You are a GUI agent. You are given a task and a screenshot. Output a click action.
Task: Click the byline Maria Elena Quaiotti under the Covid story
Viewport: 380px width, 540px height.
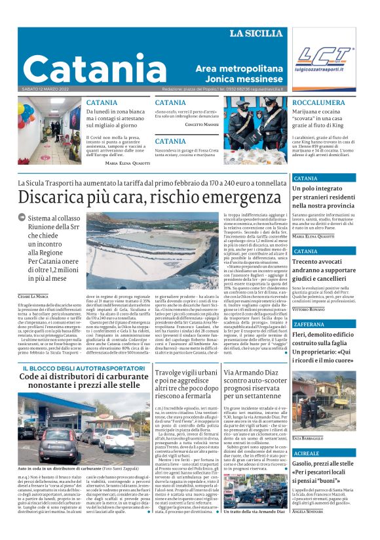pyautogui.click(x=126, y=162)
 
